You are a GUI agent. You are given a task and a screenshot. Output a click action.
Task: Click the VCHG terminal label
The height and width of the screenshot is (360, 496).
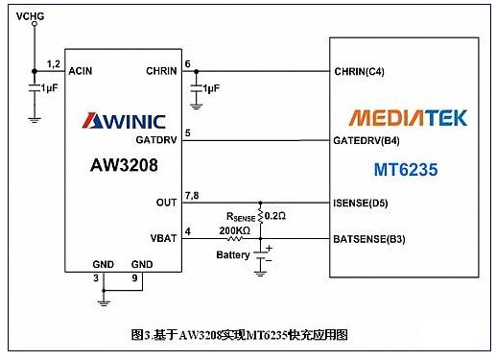tap(30, 16)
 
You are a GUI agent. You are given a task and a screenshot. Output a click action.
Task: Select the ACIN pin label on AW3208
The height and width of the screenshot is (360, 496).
tap(81, 71)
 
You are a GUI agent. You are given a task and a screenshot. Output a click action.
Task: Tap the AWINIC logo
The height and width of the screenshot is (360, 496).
tap(124, 121)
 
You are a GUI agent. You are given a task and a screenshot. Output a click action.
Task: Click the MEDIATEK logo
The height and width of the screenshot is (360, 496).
tap(408, 117)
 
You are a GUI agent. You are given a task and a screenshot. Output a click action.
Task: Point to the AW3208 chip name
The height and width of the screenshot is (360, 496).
tap(124, 165)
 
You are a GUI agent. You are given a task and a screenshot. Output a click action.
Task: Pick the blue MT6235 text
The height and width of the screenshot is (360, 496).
tap(406, 169)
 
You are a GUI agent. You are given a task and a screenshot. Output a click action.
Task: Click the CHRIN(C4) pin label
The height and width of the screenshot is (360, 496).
tap(359, 71)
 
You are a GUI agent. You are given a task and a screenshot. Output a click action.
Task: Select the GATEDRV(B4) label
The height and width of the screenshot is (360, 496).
tap(366, 140)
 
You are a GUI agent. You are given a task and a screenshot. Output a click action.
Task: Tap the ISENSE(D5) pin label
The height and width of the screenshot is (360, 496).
tap(361, 203)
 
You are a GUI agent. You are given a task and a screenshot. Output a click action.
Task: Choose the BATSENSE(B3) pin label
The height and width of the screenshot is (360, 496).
tap(369, 239)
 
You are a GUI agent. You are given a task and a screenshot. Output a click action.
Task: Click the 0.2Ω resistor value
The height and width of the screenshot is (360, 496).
tap(275, 216)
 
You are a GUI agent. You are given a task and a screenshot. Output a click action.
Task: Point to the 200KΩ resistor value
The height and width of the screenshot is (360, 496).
tap(234, 230)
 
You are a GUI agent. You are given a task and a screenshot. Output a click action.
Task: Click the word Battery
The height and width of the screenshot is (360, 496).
tap(233, 254)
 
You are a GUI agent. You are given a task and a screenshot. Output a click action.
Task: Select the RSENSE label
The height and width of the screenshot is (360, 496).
tap(241, 217)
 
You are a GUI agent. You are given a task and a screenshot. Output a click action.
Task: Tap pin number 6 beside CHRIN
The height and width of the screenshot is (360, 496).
tap(187, 64)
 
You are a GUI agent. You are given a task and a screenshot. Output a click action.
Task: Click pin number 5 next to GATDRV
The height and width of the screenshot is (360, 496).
tap(188, 132)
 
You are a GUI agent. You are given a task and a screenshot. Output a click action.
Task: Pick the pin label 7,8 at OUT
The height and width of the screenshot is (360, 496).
tap(192, 196)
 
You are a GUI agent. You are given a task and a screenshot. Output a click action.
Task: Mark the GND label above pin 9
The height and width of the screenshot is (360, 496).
tap(142, 264)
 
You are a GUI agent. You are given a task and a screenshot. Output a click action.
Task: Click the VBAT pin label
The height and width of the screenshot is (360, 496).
tap(163, 238)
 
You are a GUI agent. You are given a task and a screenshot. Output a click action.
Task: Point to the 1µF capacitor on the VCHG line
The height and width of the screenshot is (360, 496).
tap(35, 88)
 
